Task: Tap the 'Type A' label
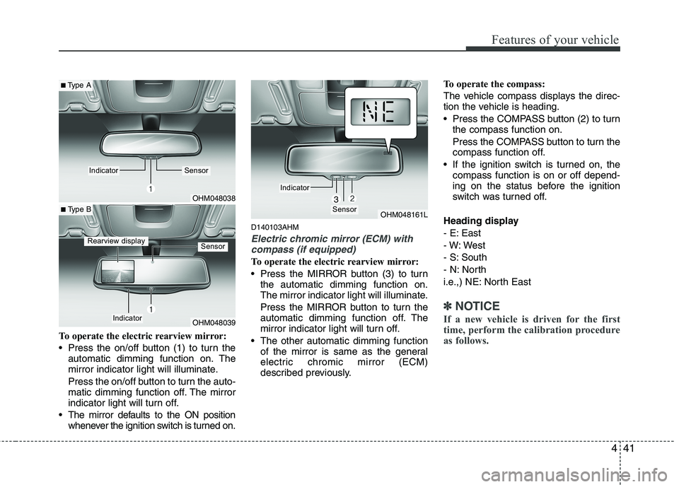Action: pos(77,86)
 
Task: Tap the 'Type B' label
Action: pos(77,210)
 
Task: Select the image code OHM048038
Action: pos(214,199)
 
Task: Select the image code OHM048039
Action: pos(214,323)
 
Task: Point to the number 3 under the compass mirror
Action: pos(336,199)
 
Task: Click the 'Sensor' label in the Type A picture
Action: pos(196,170)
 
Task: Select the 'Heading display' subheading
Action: pos(480,221)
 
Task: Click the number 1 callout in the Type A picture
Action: pos(150,189)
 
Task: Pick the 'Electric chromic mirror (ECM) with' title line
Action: pos(332,239)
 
